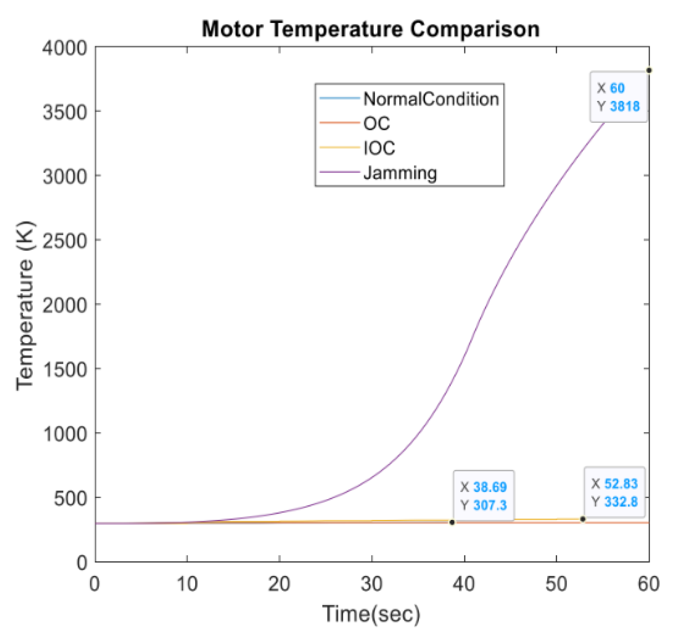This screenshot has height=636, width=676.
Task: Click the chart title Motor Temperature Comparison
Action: [x=371, y=29]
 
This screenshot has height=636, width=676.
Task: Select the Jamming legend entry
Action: [x=400, y=173]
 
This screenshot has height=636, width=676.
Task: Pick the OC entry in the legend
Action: [x=376, y=123]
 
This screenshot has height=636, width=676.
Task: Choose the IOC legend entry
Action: [x=379, y=148]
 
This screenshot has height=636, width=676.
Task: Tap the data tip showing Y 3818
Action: [x=618, y=97]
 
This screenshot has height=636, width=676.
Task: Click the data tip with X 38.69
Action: [x=484, y=496]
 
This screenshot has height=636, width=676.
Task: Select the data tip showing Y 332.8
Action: [x=614, y=492]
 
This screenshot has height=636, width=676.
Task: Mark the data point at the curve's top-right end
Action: [x=649, y=70]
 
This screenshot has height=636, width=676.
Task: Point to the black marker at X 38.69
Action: [x=452, y=522]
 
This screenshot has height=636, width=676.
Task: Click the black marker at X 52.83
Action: [x=583, y=519]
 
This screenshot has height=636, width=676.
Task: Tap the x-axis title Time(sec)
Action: [x=371, y=614]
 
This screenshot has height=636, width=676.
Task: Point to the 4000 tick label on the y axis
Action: [x=65, y=48]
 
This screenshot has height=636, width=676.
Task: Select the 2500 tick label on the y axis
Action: [x=65, y=241]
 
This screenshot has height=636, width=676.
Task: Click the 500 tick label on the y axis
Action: [x=70, y=498]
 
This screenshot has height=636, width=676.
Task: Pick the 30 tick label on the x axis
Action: [x=371, y=584]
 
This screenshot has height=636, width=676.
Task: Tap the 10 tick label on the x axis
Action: [x=187, y=584]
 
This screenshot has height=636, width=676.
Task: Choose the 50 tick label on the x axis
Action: [x=556, y=584]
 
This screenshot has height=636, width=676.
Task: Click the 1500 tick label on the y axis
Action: [x=65, y=369]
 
